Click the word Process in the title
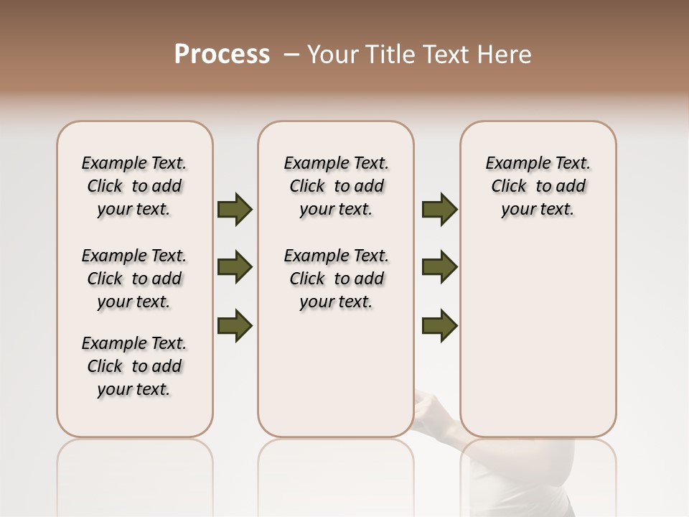tap(222, 55)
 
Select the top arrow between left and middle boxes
tap(235, 210)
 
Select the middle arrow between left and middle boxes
tap(235, 268)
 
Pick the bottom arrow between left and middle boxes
tap(235, 326)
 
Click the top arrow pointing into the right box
tap(439, 210)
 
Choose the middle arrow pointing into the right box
tap(439, 268)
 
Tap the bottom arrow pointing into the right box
tap(439, 326)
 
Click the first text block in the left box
tap(134, 186)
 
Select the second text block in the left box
tap(134, 279)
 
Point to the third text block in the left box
tap(134, 366)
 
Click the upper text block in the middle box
tap(336, 186)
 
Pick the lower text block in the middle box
tap(336, 279)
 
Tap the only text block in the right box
tap(538, 186)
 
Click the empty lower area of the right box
tap(538, 337)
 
